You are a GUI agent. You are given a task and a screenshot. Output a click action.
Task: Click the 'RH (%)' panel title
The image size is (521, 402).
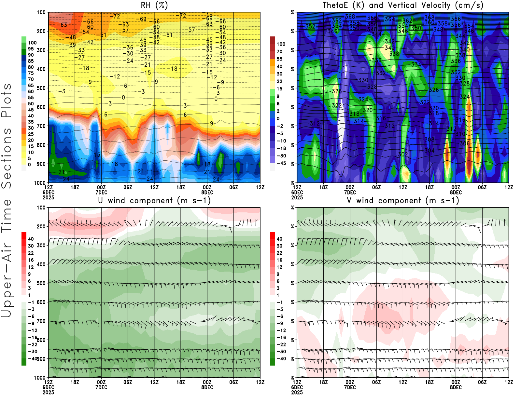tap(154, 5)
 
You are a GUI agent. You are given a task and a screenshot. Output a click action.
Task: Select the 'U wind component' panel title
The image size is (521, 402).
tap(154, 200)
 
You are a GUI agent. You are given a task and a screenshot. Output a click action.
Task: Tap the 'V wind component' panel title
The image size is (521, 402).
tap(403, 200)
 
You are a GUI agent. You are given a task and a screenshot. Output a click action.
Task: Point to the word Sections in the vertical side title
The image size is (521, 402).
tap(7, 158)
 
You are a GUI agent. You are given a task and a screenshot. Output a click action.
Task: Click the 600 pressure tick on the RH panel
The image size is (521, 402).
tap(41, 107)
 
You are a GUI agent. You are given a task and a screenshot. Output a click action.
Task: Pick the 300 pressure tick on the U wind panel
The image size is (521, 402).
tap(41, 245)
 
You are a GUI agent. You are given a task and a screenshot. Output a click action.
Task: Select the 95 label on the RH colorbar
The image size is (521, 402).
tap(31, 49)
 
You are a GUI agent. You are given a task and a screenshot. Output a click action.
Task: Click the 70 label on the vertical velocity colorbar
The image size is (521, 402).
tap(279, 51)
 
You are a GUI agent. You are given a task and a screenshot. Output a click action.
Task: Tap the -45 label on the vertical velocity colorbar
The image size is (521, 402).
tap(281, 163)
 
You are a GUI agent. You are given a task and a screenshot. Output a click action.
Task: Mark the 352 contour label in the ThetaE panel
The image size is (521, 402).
tap(310, 26)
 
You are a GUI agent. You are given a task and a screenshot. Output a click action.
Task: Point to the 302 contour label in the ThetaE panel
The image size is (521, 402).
tap(403, 154)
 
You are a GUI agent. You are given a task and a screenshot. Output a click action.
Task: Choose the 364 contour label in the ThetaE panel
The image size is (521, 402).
tap(389, 19)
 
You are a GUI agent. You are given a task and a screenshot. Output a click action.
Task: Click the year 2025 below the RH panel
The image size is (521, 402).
tap(49, 197)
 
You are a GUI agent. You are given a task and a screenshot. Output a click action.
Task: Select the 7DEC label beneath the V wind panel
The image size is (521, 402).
tap(350, 387)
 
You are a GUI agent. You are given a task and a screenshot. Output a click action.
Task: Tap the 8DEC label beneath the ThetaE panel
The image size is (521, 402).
tap(456, 192)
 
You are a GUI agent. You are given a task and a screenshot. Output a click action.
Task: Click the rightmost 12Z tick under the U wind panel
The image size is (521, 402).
tap(260, 382)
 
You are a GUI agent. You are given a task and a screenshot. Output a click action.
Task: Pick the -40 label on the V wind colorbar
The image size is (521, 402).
tap(281, 359)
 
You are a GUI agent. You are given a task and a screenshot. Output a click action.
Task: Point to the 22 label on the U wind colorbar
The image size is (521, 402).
tap(31, 253)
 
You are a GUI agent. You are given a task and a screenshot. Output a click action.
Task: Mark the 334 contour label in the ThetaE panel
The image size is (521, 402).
tap(416, 64)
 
